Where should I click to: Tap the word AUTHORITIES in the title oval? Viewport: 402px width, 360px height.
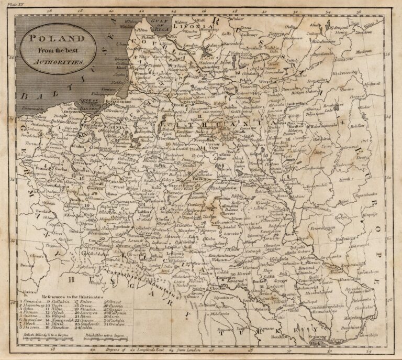point(59,61)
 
